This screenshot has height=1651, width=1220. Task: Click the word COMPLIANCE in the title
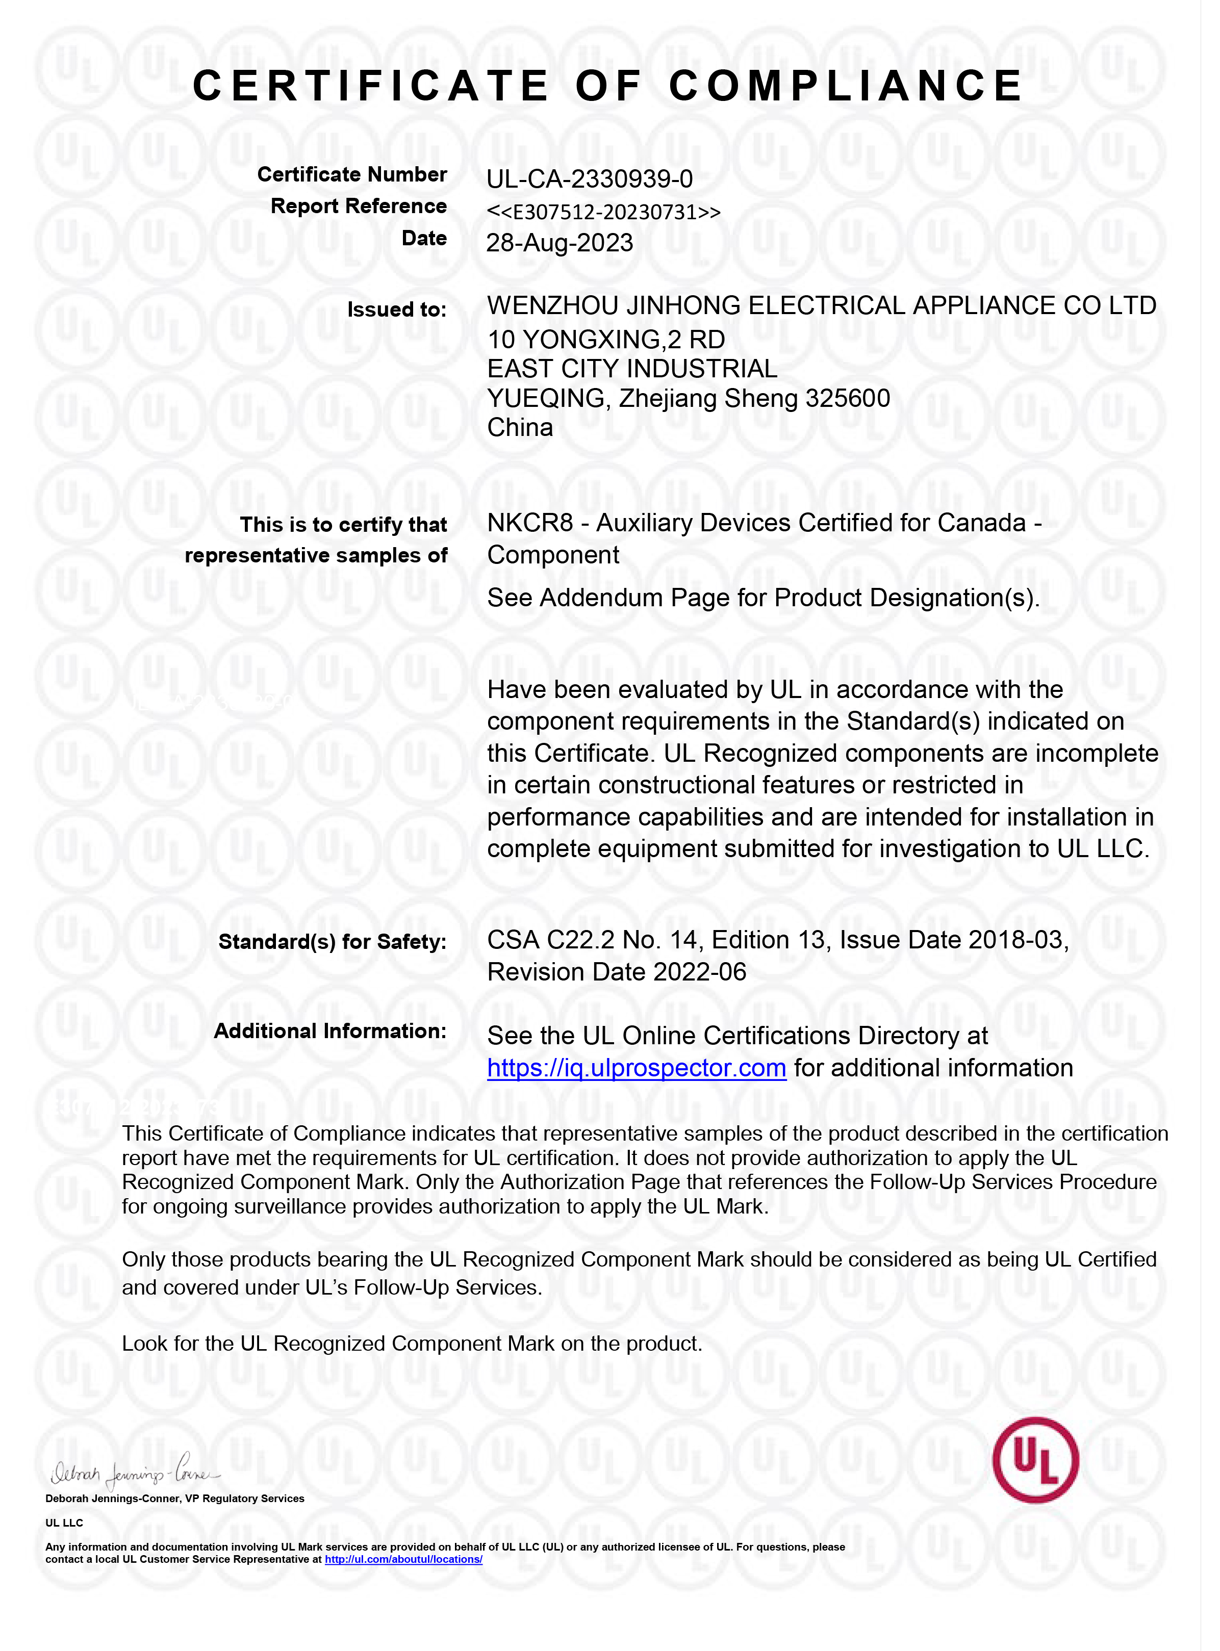click(x=846, y=86)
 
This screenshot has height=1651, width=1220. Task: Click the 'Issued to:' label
click(x=397, y=309)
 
